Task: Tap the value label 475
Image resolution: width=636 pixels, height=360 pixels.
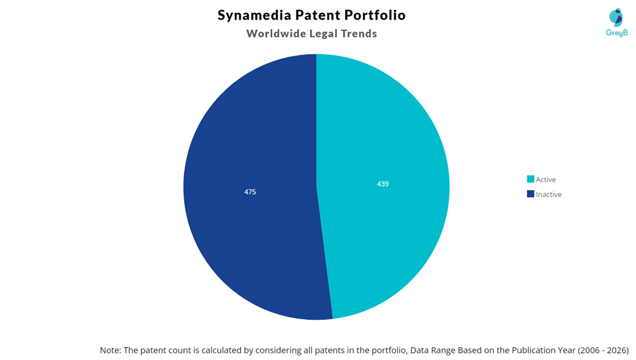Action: pos(250,192)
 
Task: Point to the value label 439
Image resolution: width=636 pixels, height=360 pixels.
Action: pos(383,184)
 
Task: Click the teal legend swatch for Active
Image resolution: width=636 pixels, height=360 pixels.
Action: pos(530,179)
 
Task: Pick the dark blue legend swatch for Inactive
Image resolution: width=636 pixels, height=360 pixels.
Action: pos(530,194)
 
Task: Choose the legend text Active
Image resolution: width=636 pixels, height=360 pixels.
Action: pos(546,180)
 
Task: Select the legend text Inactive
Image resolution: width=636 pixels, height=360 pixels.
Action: pos(549,195)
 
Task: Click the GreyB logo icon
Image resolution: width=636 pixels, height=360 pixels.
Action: pos(616,18)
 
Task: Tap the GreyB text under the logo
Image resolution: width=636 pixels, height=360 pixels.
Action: pos(616,32)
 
